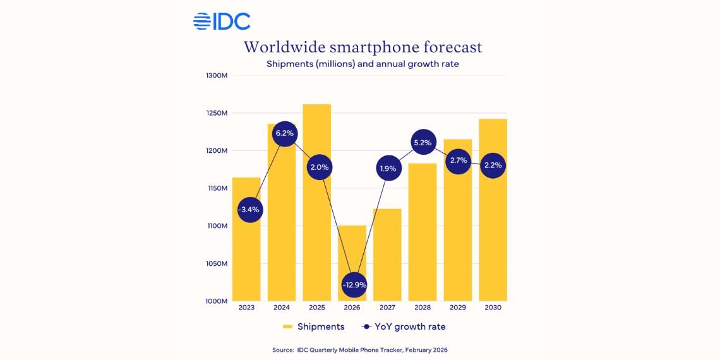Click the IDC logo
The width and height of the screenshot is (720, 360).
pos(222,21)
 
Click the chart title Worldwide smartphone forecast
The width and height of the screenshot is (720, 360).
pos(363,47)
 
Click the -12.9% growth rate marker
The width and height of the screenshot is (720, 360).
pos(352,285)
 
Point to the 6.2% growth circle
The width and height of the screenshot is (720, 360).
pos(284,134)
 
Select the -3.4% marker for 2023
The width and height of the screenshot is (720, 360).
pos(248,209)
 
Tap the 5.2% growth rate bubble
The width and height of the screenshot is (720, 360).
pos(423,143)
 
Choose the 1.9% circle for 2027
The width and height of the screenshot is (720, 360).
pos(387,169)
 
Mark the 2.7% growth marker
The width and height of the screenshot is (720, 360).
pos(458,160)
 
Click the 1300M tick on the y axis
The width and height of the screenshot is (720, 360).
pos(217,76)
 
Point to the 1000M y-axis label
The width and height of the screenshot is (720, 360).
pos(217,301)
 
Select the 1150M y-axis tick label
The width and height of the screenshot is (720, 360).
pos(217,188)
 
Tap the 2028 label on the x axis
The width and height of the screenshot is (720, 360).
pos(423,308)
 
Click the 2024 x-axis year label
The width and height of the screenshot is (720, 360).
pos(282,308)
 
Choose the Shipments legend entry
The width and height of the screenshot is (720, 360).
pos(313,327)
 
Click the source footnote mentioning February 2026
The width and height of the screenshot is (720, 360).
pos(360,349)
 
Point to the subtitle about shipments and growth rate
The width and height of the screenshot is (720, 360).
pos(363,64)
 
